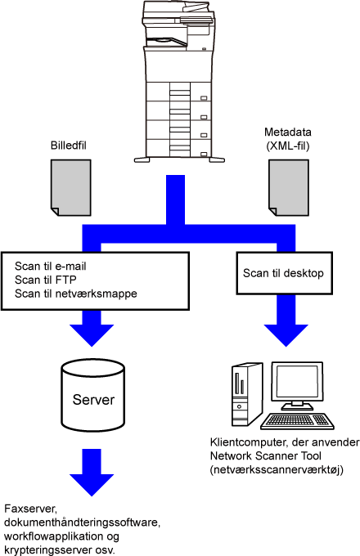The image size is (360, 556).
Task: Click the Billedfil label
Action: click(x=69, y=146)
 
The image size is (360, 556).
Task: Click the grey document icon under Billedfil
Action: click(x=71, y=187)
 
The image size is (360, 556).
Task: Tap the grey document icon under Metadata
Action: click(x=288, y=187)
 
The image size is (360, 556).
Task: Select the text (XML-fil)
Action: click(x=288, y=146)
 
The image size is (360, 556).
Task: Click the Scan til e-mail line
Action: click(x=51, y=266)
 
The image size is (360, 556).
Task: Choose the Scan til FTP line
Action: click(x=45, y=280)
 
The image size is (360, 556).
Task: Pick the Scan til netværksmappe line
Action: click(x=76, y=294)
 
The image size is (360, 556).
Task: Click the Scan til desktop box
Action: click(x=285, y=273)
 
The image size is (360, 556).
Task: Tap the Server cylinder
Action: click(x=93, y=395)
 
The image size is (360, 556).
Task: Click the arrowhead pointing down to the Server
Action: click(x=92, y=334)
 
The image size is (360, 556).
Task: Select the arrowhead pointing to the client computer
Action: click(x=286, y=334)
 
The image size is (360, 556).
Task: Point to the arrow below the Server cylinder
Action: click(x=92, y=473)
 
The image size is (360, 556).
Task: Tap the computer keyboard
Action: click(x=297, y=422)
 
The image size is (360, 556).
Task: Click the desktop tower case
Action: click(x=247, y=394)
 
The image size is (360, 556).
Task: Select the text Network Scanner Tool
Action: click(x=266, y=455)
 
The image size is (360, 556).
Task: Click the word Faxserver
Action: click(x=30, y=509)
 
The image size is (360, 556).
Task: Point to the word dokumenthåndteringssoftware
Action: click(x=83, y=522)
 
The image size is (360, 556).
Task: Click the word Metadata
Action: click(x=288, y=132)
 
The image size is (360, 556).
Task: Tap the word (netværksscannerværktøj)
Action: click(x=277, y=470)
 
